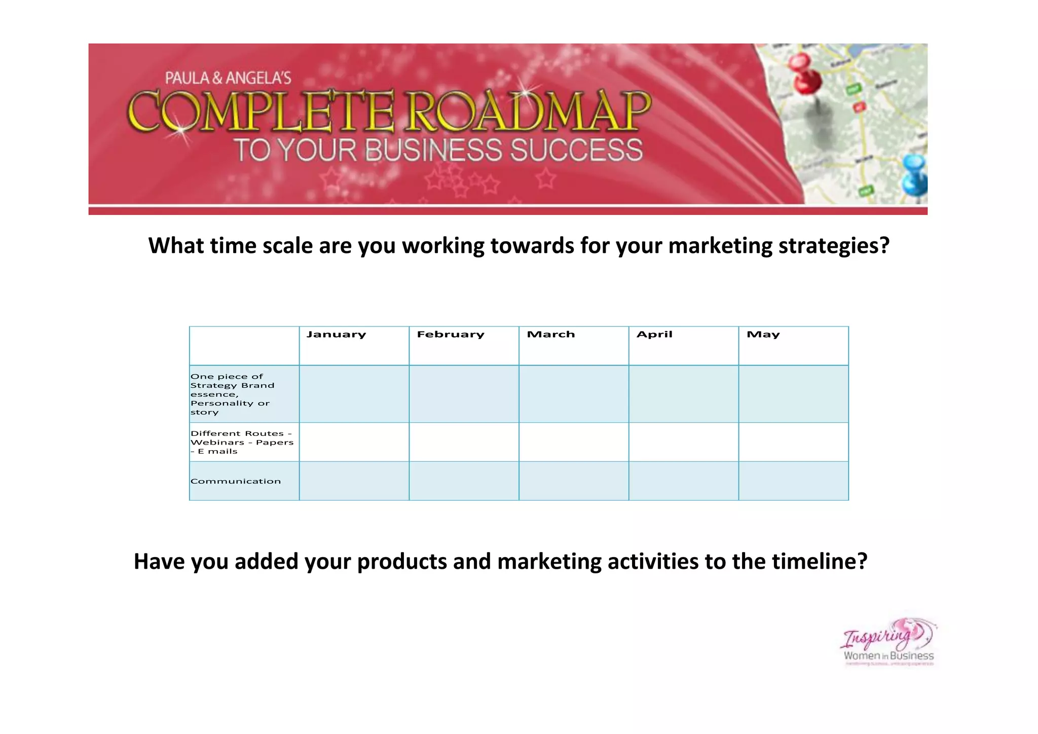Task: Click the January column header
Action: (x=336, y=335)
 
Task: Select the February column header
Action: (x=451, y=335)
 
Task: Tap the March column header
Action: (x=551, y=335)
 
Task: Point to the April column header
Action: (x=654, y=335)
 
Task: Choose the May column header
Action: (x=763, y=335)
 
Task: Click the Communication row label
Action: (x=236, y=481)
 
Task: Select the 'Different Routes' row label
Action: (x=242, y=442)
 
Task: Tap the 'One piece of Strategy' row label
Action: (x=232, y=394)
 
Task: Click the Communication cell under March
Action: (x=574, y=481)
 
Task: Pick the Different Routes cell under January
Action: (x=354, y=442)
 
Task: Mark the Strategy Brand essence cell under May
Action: (x=794, y=394)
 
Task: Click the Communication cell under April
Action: (x=684, y=481)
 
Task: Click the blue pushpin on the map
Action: (x=915, y=175)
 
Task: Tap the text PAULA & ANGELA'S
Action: (x=228, y=78)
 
